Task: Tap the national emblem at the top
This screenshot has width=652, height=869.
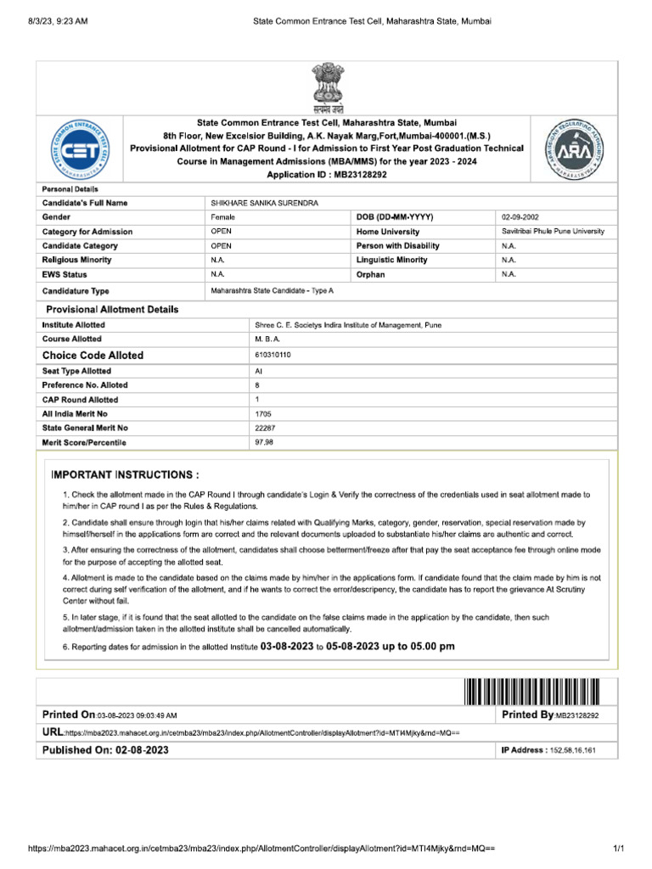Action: (x=326, y=90)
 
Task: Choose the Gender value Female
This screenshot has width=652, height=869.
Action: (x=223, y=217)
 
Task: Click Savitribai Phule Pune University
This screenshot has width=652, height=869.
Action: (x=553, y=232)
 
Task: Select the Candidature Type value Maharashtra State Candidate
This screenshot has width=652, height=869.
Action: (x=273, y=290)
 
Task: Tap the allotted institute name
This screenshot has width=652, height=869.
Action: (x=348, y=325)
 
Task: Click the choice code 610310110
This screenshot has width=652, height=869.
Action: (x=273, y=354)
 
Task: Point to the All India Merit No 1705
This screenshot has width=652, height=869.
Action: (x=262, y=413)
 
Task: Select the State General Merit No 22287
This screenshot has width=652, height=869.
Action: (x=265, y=428)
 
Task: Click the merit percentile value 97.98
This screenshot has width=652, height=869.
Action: (x=264, y=443)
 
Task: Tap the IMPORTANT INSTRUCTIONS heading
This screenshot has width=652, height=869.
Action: (x=126, y=474)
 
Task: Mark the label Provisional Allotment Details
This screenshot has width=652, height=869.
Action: (x=112, y=309)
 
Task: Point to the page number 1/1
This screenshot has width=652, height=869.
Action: (x=618, y=849)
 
